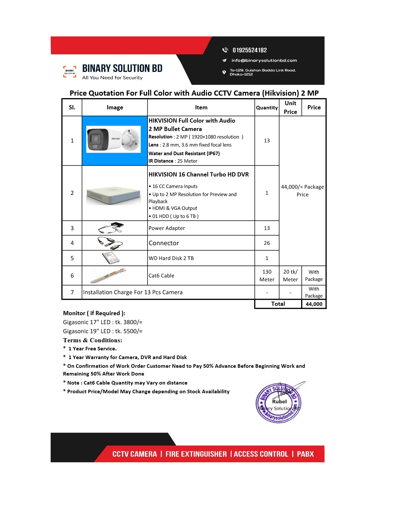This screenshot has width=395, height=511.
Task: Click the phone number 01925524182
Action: pyautogui.click(x=249, y=50)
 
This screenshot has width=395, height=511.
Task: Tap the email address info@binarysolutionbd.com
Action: pyautogui.click(x=264, y=60)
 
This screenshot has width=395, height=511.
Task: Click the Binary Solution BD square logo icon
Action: pyautogui.click(x=70, y=72)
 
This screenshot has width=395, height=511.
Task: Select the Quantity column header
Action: pyautogui.click(x=267, y=108)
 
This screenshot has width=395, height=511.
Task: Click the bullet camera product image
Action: pyautogui.click(x=114, y=139)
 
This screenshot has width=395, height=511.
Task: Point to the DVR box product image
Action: pyautogui.click(x=114, y=193)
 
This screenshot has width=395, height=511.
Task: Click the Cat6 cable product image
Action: pyautogui.click(x=108, y=276)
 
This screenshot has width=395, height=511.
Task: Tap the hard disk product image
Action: pyautogui.click(x=111, y=258)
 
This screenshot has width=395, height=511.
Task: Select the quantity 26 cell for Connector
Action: pyautogui.click(x=267, y=243)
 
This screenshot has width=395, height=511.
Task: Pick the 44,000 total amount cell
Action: pyautogui.click(x=314, y=304)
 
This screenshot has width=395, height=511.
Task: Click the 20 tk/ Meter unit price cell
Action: pyautogui.click(x=290, y=276)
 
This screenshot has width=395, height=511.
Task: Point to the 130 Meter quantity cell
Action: pyautogui.click(x=267, y=276)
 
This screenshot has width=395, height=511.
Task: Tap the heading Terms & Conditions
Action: pyautogui.click(x=93, y=340)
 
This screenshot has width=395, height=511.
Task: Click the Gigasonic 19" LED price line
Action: pyautogui.click(x=103, y=331)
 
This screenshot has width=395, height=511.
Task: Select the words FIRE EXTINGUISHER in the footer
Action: pyautogui.click(x=196, y=454)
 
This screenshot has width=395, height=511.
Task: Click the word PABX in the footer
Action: pyautogui.click(x=305, y=454)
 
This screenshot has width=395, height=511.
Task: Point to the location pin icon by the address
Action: pyautogui.click(x=224, y=72)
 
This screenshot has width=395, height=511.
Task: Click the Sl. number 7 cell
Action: pyautogui.click(x=72, y=292)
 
